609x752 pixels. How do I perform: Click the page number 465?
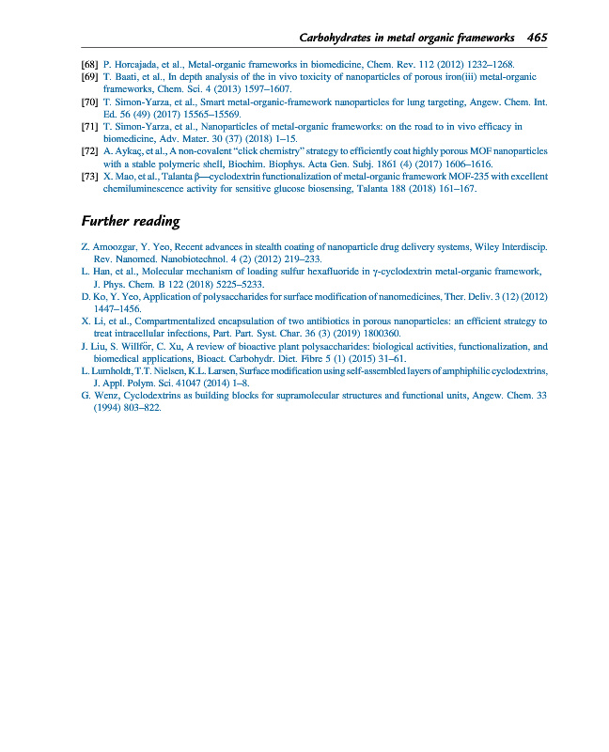click(x=537, y=38)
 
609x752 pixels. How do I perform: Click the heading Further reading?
click(x=130, y=222)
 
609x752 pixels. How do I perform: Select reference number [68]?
click(x=90, y=64)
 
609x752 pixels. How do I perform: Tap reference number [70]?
click(x=90, y=101)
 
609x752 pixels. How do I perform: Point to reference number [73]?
click(x=90, y=176)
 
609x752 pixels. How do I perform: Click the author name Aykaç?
click(x=133, y=150)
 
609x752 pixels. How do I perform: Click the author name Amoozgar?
click(x=117, y=247)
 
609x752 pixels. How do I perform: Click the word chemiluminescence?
click(x=146, y=188)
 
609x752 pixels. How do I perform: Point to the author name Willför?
click(x=146, y=346)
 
